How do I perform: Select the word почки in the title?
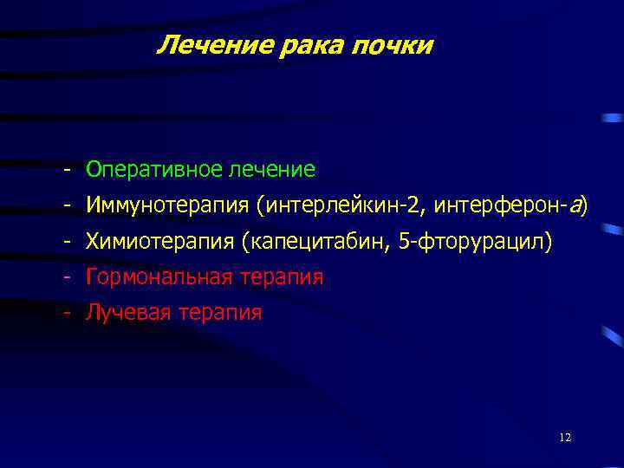coord(393,45)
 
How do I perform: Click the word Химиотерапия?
coord(161,241)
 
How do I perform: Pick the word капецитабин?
coord(322,241)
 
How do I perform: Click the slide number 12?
coord(565,438)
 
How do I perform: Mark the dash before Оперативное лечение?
coord(66,168)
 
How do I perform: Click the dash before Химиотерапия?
coord(66,241)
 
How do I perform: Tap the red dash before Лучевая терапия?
coord(66,313)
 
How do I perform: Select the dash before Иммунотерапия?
coord(66,205)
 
